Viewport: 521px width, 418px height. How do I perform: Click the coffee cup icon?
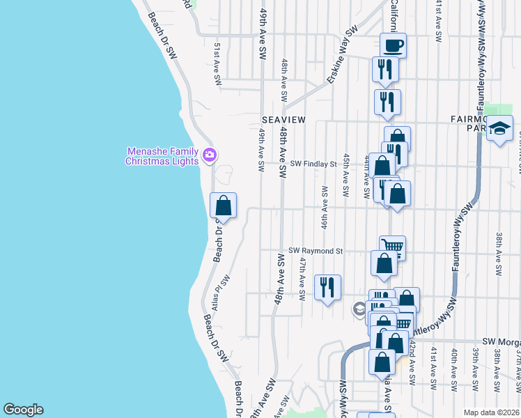[393, 45]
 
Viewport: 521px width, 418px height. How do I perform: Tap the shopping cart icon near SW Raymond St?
[393, 246]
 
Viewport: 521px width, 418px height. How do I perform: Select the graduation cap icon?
[499, 127]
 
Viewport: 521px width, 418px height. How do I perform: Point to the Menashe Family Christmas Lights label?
[162, 156]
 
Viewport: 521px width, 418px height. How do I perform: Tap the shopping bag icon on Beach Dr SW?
[223, 206]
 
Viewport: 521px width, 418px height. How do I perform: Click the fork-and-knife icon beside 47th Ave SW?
[327, 286]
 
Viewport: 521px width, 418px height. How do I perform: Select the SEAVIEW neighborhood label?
[283, 120]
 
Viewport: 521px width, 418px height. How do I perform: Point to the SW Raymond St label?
[316, 251]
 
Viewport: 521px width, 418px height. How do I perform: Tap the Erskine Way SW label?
[341, 55]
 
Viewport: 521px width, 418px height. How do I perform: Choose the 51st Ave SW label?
[218, 64]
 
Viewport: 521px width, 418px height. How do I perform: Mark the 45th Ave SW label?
[345, 174]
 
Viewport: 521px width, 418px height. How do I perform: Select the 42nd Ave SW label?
[412, 363]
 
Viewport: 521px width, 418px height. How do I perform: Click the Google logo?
[22, 410]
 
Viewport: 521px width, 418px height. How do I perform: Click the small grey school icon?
[359, 309]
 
